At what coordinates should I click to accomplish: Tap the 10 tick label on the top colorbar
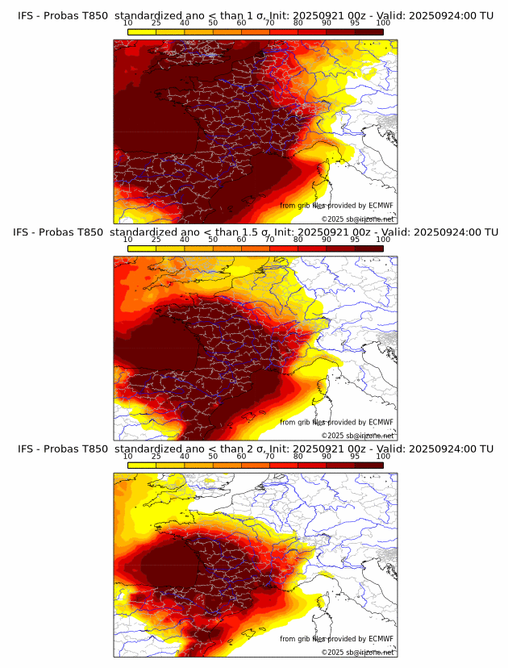click(x=128, y=23)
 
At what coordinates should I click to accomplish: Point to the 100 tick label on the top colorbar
click(x=383, y=23)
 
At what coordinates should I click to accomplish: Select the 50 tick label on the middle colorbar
click(x=213, y=240)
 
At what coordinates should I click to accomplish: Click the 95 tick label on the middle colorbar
click(x=355, y=240)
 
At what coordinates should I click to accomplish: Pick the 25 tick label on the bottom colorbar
click(x=156, y=456)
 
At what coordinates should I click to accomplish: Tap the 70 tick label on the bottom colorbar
click(x=269, y=456)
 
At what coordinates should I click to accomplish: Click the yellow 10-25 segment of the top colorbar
click(x=142, y=31)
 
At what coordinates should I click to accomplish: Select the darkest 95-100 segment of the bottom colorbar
click(x=369, y=465)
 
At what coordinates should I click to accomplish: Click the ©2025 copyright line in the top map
click(x=358, y=219)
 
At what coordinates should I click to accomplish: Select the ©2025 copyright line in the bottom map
click(x=358, y=652)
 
